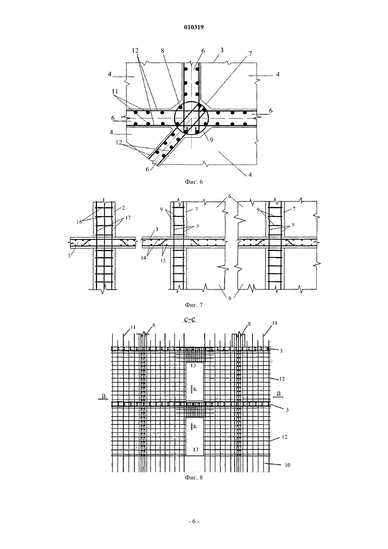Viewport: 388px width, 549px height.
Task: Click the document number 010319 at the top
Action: (x=194, y=27)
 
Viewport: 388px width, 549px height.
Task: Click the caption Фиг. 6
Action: (x=194, y=182)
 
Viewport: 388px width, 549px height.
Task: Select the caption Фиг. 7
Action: (x=194, y=305)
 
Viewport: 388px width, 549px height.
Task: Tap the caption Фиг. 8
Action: (x=194, y=478)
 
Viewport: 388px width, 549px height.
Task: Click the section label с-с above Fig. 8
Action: (x=191, y=319)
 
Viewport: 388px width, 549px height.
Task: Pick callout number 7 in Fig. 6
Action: (x=250, y=54)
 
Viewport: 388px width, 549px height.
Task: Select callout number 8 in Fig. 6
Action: (x=162, y=50)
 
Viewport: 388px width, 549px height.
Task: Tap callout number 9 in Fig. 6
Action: (x=211, y=140)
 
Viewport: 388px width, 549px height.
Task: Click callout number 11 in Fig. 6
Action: (x=115, y=92)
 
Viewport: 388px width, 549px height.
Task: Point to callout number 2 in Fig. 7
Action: (x=123, y=208)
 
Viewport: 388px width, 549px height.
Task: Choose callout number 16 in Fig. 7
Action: (x=79, y=222)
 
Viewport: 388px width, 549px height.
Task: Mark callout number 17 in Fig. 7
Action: (x=128, y=218)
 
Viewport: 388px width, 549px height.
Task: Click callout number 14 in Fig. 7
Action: (x=143, y=258)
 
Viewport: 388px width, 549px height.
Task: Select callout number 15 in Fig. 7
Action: (x=163, y=261)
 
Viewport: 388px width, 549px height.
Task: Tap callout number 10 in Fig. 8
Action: (x=287, y=465)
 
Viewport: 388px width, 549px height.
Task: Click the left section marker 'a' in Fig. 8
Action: (x=104, y=395)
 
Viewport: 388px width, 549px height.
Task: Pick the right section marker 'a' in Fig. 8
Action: (x=279, y=393)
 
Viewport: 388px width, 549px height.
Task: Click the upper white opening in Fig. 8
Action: (x=194, y=381)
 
